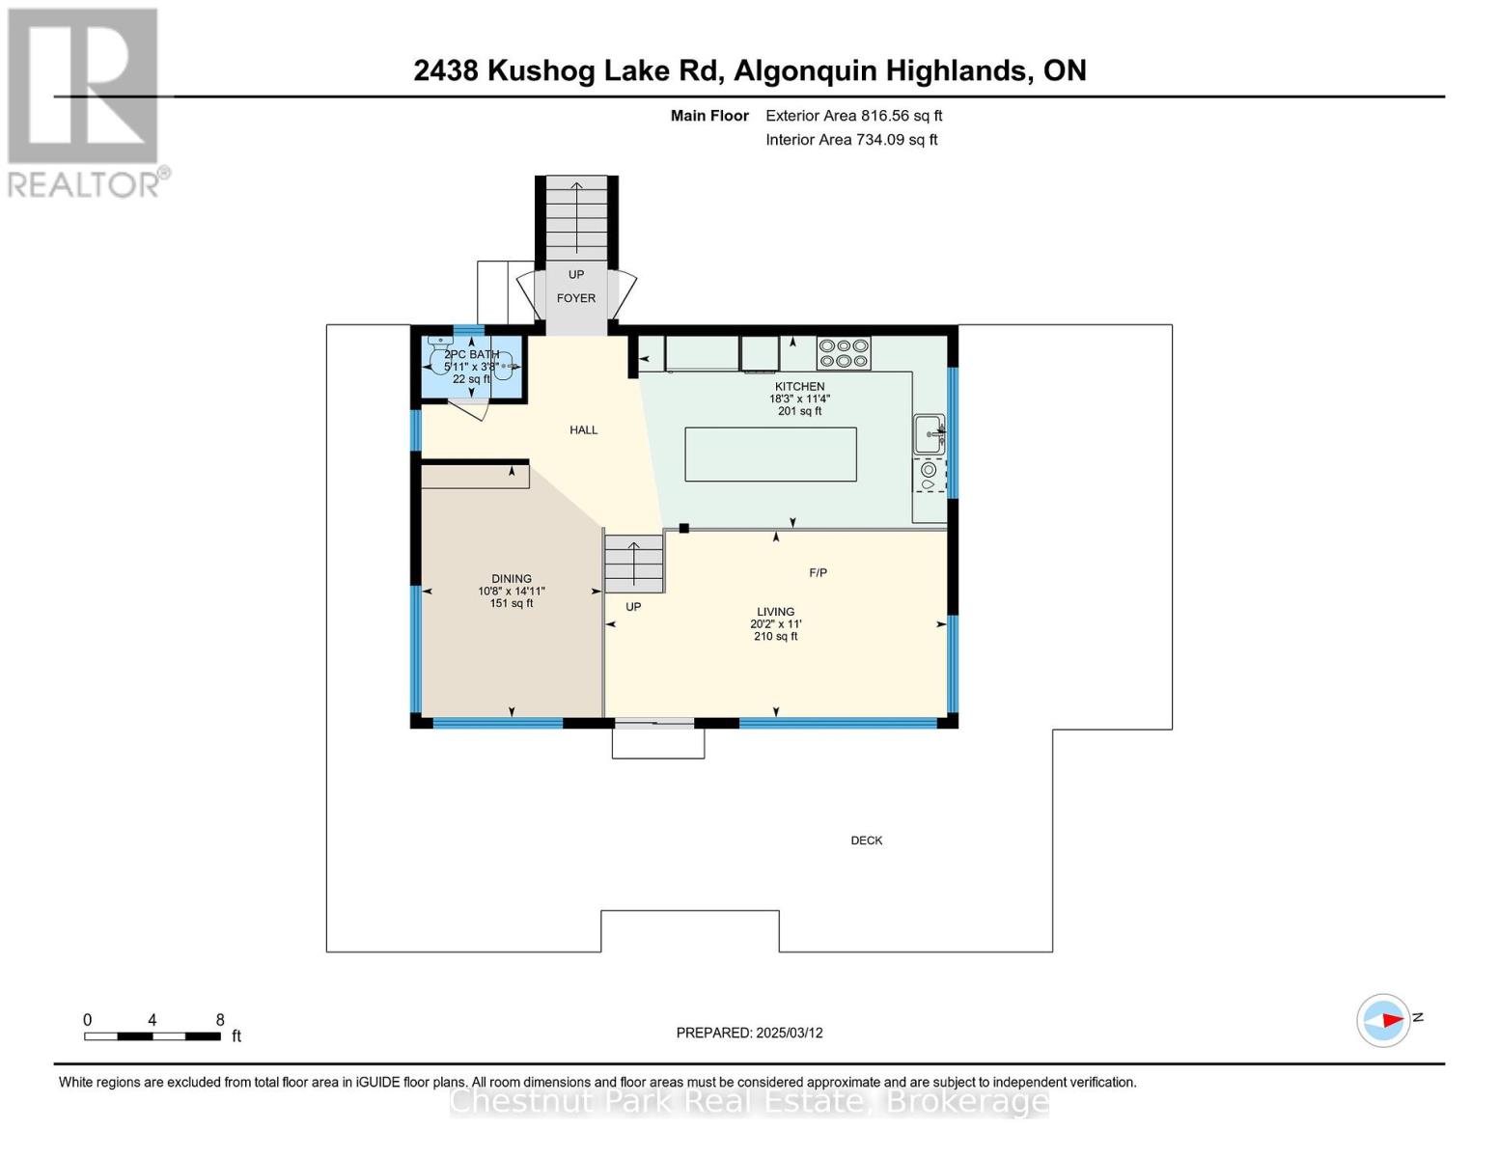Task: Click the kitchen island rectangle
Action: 770,454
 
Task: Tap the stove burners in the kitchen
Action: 843,352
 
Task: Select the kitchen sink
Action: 929,434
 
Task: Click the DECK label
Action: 867,841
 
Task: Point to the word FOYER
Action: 576,298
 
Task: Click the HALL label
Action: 584,429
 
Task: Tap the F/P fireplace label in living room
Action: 819,572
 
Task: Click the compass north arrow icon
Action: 1383,1020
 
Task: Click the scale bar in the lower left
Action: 153,1035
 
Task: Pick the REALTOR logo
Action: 86,103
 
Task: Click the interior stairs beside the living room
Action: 634,565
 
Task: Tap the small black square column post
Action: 683,528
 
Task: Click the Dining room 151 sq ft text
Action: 512,603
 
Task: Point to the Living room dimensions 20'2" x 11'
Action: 776,623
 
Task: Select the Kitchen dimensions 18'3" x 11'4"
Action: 799,399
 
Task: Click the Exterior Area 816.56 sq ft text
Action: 854,116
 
